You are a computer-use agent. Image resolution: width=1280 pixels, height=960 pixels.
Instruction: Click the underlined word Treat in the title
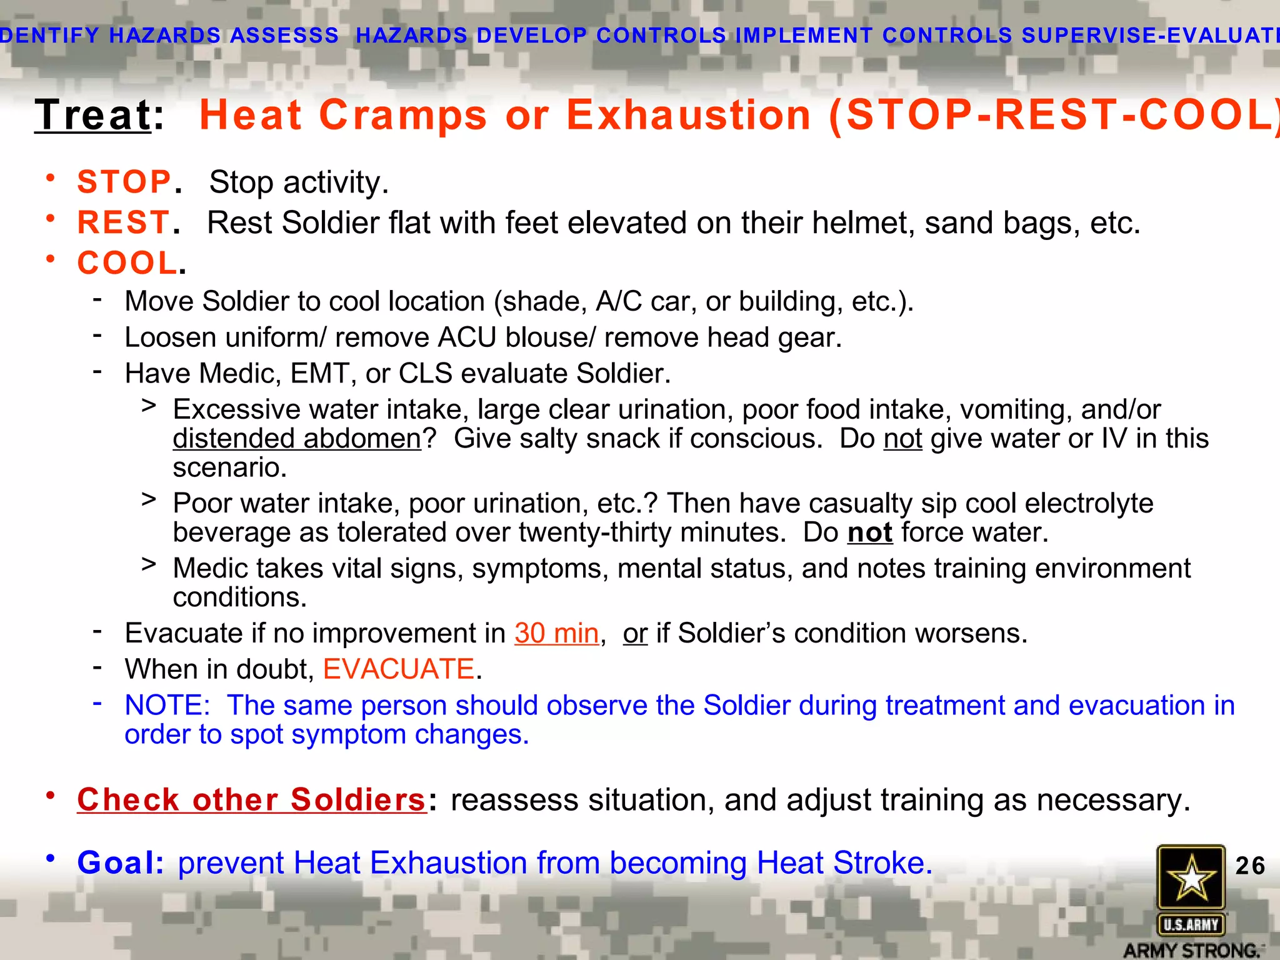[x=92, y=116]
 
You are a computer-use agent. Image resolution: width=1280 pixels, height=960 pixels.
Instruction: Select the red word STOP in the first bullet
[x=124, y=182]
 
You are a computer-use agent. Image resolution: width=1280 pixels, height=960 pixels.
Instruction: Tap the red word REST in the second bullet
[x=123, y=223]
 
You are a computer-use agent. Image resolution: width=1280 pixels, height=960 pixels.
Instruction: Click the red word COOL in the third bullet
[x=127, y=263]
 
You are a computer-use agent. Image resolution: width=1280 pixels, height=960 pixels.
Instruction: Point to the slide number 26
[x=1250, y=866]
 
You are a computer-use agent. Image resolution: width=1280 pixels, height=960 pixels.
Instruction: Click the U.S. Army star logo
[x=1191, y=877]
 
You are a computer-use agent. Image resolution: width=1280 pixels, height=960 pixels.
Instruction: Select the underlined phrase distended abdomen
[x=297, y=439]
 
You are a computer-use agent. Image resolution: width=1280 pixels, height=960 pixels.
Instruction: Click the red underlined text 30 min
[x=556, y=634]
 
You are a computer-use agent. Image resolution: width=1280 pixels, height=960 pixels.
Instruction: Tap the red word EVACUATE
[x=399, y=669]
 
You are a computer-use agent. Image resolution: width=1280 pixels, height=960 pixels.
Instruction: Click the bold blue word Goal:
[x=121, y=863]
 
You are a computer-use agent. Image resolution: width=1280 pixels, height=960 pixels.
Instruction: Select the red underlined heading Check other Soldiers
[x=251, y=800]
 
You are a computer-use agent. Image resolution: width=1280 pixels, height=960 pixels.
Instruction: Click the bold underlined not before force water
[x=869, y=533]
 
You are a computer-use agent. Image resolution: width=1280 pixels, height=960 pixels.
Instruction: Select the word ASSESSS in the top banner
[x=284, y=36]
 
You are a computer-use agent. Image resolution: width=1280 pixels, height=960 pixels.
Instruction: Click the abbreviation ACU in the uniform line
[x=467, y=338]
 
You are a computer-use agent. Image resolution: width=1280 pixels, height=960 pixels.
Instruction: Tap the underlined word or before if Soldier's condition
[x=635, y=634]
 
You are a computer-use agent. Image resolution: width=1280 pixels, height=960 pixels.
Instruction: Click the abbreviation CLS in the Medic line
[x=425, y=374]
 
